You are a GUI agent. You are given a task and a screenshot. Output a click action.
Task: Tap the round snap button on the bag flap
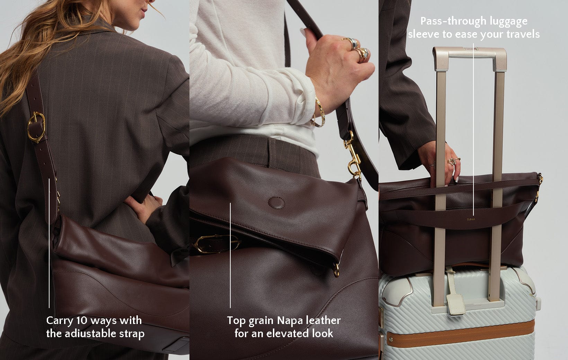(x=276, y=203)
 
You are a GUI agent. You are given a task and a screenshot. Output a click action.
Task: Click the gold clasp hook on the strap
(x=353, y=155)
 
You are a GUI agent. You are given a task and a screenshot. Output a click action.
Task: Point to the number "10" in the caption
(x=82, y=321)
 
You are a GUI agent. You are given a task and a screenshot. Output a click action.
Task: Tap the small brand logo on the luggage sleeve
(x=471, y=219)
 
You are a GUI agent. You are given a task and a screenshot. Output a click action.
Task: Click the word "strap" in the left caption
(x=132, y=334)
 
